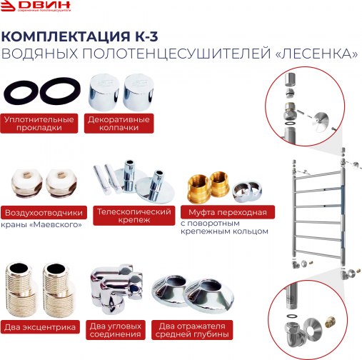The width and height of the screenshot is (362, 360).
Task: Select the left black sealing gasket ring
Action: point(19,91)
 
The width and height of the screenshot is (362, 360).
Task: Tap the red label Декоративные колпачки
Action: point(119,123)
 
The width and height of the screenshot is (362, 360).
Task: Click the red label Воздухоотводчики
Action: point(45,213)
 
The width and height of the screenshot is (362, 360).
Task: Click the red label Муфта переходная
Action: point(228,213)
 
